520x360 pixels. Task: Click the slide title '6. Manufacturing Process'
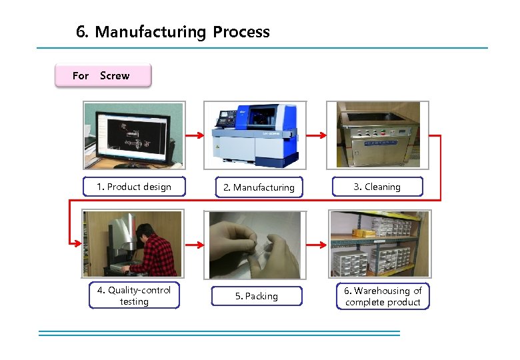(x=173, y=32)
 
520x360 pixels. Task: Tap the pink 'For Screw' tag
(x=103, y=75)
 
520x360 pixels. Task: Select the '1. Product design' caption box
(x=133, y=187)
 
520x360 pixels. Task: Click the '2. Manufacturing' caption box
(x=259, y=187)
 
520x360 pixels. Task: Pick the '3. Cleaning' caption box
(x=377, y=187)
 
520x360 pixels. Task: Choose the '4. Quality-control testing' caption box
(x=134, y=296)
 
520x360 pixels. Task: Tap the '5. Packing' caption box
(x=257, y=296)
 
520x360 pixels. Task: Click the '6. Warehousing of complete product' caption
(x=383, y=296)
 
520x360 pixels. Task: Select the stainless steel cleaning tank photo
(x=377, y=135)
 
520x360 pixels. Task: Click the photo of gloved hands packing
(x=255, y=245)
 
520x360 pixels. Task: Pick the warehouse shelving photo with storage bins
(x=379, y=243)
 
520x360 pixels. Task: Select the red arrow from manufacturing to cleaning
(x=316, y=136)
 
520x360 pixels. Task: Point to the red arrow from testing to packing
(x=194, y=245)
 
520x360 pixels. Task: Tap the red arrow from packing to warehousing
(x=317, y=245)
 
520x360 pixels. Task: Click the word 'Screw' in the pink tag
(x=115, y=75)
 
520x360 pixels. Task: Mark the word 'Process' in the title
(x=241, y=32)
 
